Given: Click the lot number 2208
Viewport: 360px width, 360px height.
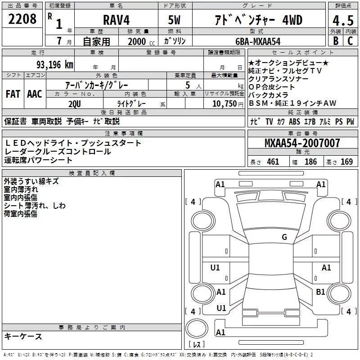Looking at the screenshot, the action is (22, 19).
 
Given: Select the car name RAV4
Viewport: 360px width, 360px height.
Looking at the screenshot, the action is (116, 20).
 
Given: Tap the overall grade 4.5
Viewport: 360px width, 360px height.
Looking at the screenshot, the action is (343, 21).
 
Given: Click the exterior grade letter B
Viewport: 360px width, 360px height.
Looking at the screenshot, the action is (336, 41).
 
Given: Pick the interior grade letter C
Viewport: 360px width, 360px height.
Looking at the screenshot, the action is (350, 41).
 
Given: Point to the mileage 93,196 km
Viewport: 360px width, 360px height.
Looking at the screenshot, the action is (54, 65).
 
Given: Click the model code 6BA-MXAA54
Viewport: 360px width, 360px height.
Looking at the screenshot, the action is (258, 41).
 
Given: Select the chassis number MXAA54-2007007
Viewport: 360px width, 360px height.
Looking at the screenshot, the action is (302, 143).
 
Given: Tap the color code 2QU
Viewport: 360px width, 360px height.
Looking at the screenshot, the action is (75, 104).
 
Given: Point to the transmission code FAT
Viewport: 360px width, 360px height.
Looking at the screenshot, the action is (13, 94).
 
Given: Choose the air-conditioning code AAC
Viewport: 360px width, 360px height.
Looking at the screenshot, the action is (35, 94).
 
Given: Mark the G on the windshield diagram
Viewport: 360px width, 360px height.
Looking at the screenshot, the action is (284, 237).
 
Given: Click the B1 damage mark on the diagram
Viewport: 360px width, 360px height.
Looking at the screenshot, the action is (320, 292).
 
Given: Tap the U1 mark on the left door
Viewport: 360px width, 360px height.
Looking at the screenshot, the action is (215, 267).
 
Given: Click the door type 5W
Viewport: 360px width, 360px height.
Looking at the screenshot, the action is (174, 20).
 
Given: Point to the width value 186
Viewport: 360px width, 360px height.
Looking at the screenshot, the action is (310, 162).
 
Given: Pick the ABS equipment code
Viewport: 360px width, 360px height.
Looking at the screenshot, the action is (294, 121).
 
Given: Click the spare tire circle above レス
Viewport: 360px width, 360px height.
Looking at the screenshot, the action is (197, 328).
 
